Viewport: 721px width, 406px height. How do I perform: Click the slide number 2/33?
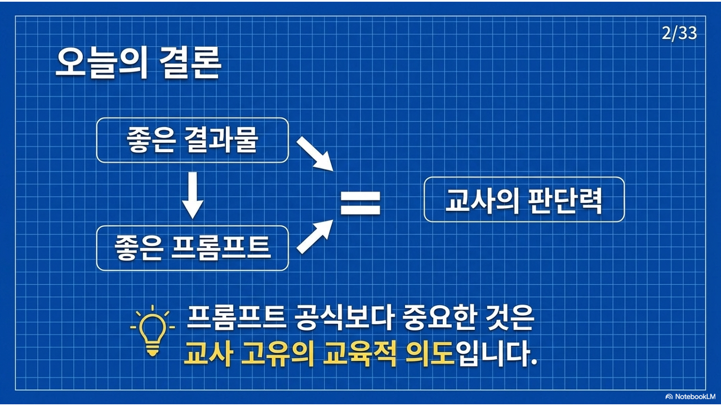(679, 33)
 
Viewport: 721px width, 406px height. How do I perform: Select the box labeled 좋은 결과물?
(193, 140)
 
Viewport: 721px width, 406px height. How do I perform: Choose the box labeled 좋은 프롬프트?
(193, 248)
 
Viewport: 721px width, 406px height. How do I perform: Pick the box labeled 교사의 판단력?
(524, 200)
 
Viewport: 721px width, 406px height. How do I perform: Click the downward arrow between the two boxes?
(193, 195)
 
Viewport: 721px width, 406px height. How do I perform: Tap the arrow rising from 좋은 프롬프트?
(315, 236)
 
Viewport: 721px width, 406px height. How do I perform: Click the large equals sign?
(360, 204)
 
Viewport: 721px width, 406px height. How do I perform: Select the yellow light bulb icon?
(153, 331)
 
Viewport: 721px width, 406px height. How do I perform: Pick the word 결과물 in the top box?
(221, 140)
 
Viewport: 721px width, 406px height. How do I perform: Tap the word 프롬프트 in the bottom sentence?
(236, 318)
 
